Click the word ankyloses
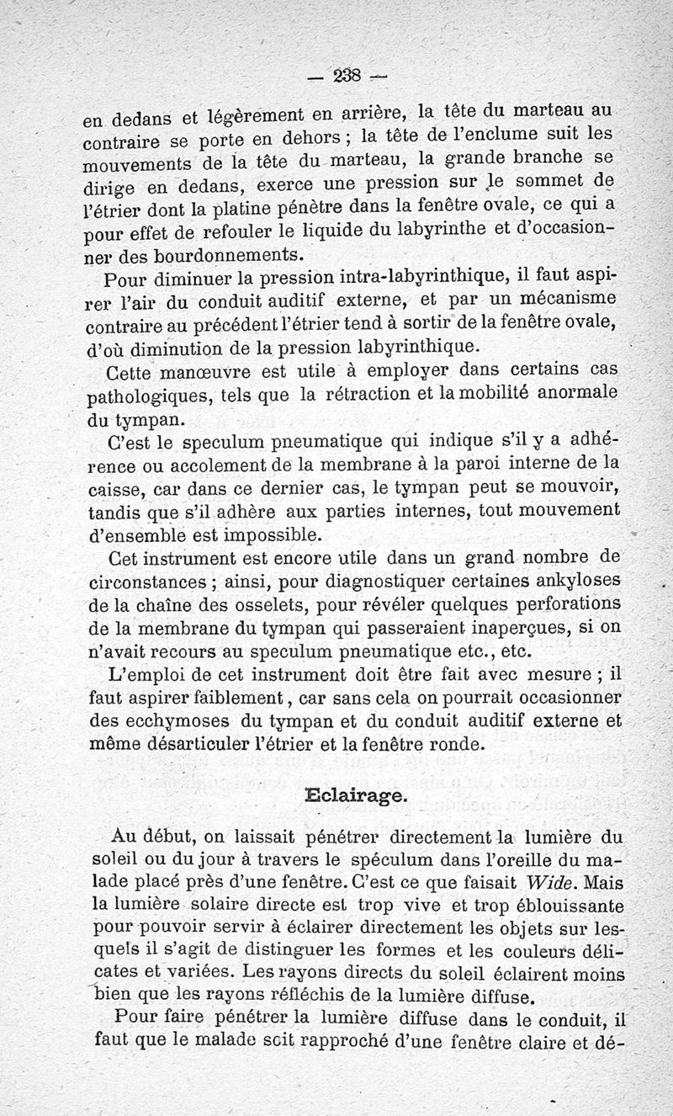tap(564, 582)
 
